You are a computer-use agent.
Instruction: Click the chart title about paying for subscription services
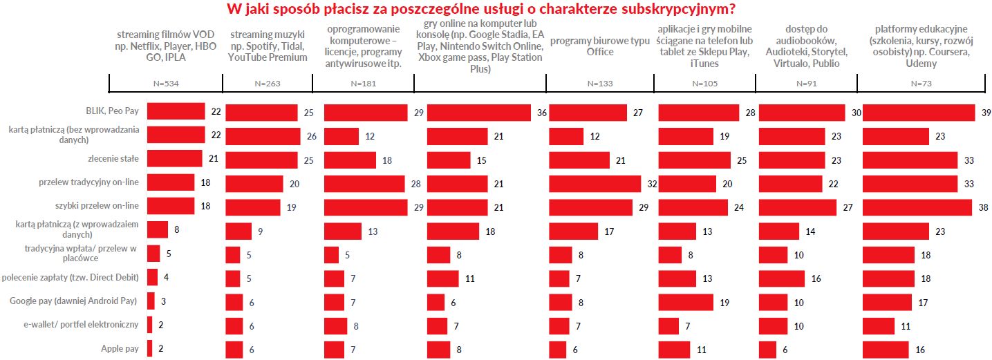(x=496, y=10)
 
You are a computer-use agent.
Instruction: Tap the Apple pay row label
(x=120, y=348)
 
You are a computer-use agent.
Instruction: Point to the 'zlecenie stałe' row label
(x=119, y=158)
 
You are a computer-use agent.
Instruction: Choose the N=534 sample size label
(x=166, y=83)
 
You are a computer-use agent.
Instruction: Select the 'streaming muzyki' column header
(x=267, y=46)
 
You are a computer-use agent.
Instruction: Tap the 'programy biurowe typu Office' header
(x=599, y=46)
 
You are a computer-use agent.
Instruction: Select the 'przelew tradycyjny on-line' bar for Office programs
(x=595, y=183)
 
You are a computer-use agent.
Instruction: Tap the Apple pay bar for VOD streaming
(x=149, y=349)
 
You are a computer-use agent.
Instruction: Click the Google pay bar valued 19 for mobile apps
(x=686, y=302)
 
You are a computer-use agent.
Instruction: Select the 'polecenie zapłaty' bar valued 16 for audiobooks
(x=782, y=278)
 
